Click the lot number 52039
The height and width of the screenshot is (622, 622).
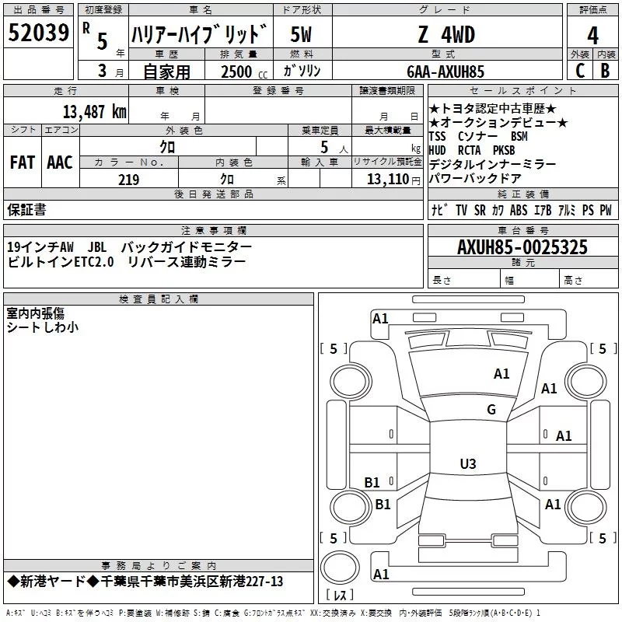tap(37, 33)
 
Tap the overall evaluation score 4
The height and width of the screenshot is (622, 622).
tap(592, 35)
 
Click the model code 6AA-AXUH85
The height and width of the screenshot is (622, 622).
tap(446, 71)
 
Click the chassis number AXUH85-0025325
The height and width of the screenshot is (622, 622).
tap(522, 247)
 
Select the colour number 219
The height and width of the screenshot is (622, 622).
tap(128, 180)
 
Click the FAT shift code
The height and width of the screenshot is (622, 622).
tap(23, 162)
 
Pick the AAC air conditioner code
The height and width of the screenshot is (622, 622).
tap(59, 162)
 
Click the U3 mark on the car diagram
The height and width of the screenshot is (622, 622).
tap(467, 464)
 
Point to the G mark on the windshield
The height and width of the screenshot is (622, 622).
tap(491, 410)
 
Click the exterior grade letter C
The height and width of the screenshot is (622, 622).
tap(579, 71)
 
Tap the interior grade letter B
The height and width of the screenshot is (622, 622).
tap(606, 71)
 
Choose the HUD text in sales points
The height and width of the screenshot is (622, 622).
tap(438, 150)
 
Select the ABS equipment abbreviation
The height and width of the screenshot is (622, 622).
tap(519, 210)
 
